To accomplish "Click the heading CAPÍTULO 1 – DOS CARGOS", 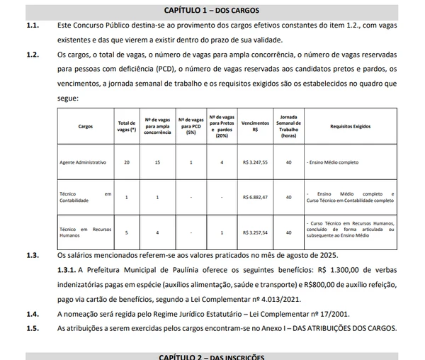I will tap(212, 11).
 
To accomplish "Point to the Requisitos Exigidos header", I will tap(351, 125).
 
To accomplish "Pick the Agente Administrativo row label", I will tap(83, 162).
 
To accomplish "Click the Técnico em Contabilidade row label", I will tap(85, 197).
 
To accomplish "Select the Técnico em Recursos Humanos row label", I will tap(85, 232).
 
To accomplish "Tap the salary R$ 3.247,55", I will tap(255, 162).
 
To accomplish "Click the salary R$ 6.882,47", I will tap(255, 197).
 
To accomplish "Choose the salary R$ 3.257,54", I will tap(255, 232).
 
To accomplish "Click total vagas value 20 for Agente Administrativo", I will tap(127, 162).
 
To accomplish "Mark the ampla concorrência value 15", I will tap(157, 162).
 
